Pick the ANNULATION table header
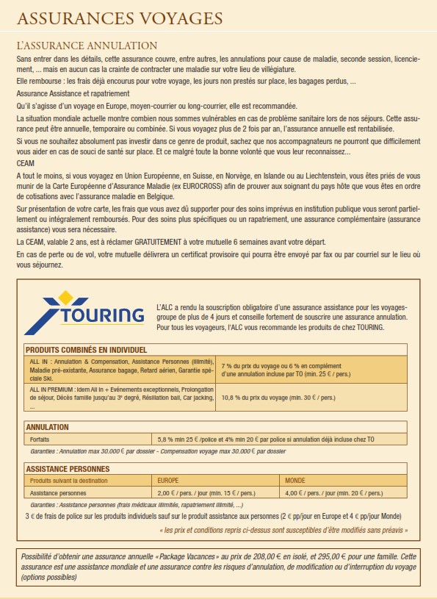point(48,426)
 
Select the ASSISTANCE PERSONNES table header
point(68,468)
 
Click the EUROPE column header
point(170,481)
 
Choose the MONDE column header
point(295,481)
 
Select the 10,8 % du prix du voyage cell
point(278,398)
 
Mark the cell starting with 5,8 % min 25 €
point(264,440)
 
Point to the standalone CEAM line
point(25,162)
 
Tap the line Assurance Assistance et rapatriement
point(73,93)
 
